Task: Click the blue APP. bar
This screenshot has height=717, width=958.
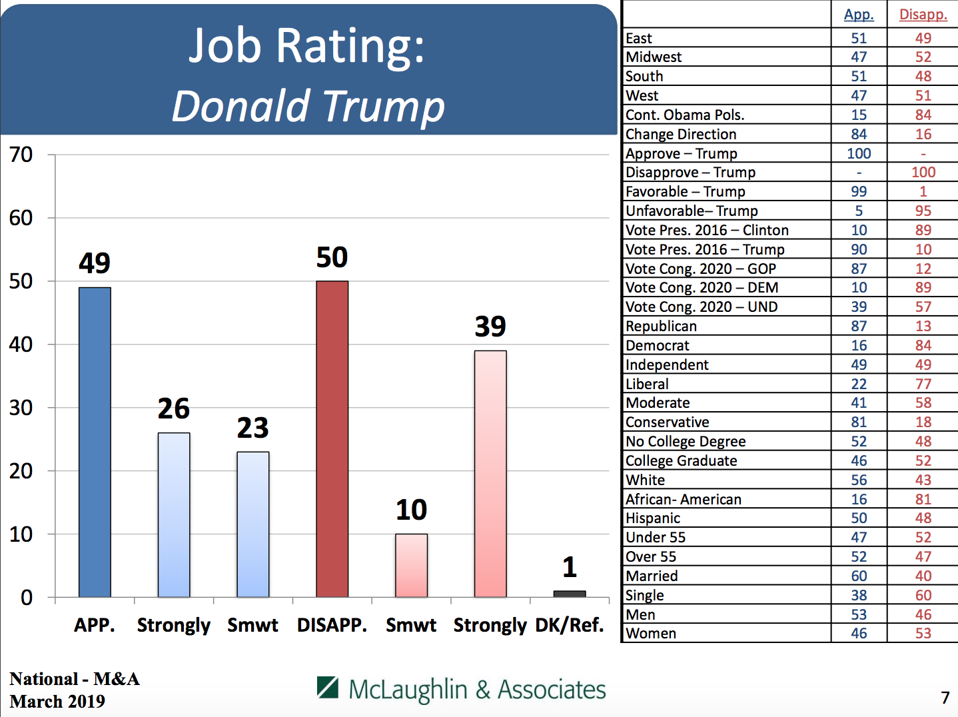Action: [95, 442]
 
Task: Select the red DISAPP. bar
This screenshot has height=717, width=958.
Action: [332, 438]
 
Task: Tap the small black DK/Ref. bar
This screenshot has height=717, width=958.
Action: [570, 593]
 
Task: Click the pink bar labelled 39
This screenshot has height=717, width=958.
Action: [490, 473]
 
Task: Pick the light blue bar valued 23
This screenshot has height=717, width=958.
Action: [253, 524]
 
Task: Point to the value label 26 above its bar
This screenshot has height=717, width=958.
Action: [174, 408]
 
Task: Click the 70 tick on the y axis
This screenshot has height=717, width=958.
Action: [21, 155]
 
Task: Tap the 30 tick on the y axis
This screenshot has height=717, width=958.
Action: [21, 408]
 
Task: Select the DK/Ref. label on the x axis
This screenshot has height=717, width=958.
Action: [570, 625]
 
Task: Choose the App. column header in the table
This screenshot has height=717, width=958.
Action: [859, 15]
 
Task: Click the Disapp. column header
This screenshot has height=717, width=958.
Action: [923, 15]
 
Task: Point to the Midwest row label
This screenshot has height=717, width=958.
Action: [654, 57]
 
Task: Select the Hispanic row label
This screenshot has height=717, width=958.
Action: [653, 518]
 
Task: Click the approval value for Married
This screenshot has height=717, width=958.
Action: [859, 576]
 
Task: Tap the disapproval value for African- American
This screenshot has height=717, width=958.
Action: [923, 500]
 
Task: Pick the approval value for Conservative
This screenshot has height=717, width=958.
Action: [859, 422]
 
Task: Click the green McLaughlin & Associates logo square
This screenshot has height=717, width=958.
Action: [328, 686]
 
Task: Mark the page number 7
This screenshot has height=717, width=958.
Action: [945, 698]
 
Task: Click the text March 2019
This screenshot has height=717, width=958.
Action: [57, 702]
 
